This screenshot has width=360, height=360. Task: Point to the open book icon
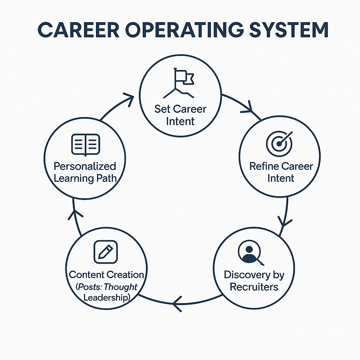(85, 144)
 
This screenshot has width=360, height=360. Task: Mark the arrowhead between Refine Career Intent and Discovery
(285, 221)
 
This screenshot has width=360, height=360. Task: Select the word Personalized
(85, 166)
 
